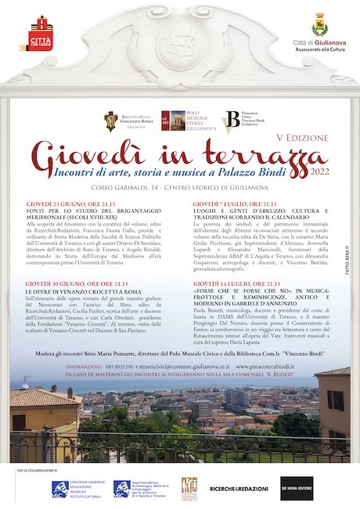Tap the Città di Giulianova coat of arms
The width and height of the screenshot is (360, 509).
click(319, 23)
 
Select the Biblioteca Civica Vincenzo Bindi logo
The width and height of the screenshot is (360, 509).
click(132, 121)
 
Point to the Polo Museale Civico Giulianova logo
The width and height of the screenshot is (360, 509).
click(185, 121)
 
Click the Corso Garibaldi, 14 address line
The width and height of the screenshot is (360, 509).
click(179, 188)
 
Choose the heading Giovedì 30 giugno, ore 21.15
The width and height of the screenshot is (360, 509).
click(71, 282)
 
